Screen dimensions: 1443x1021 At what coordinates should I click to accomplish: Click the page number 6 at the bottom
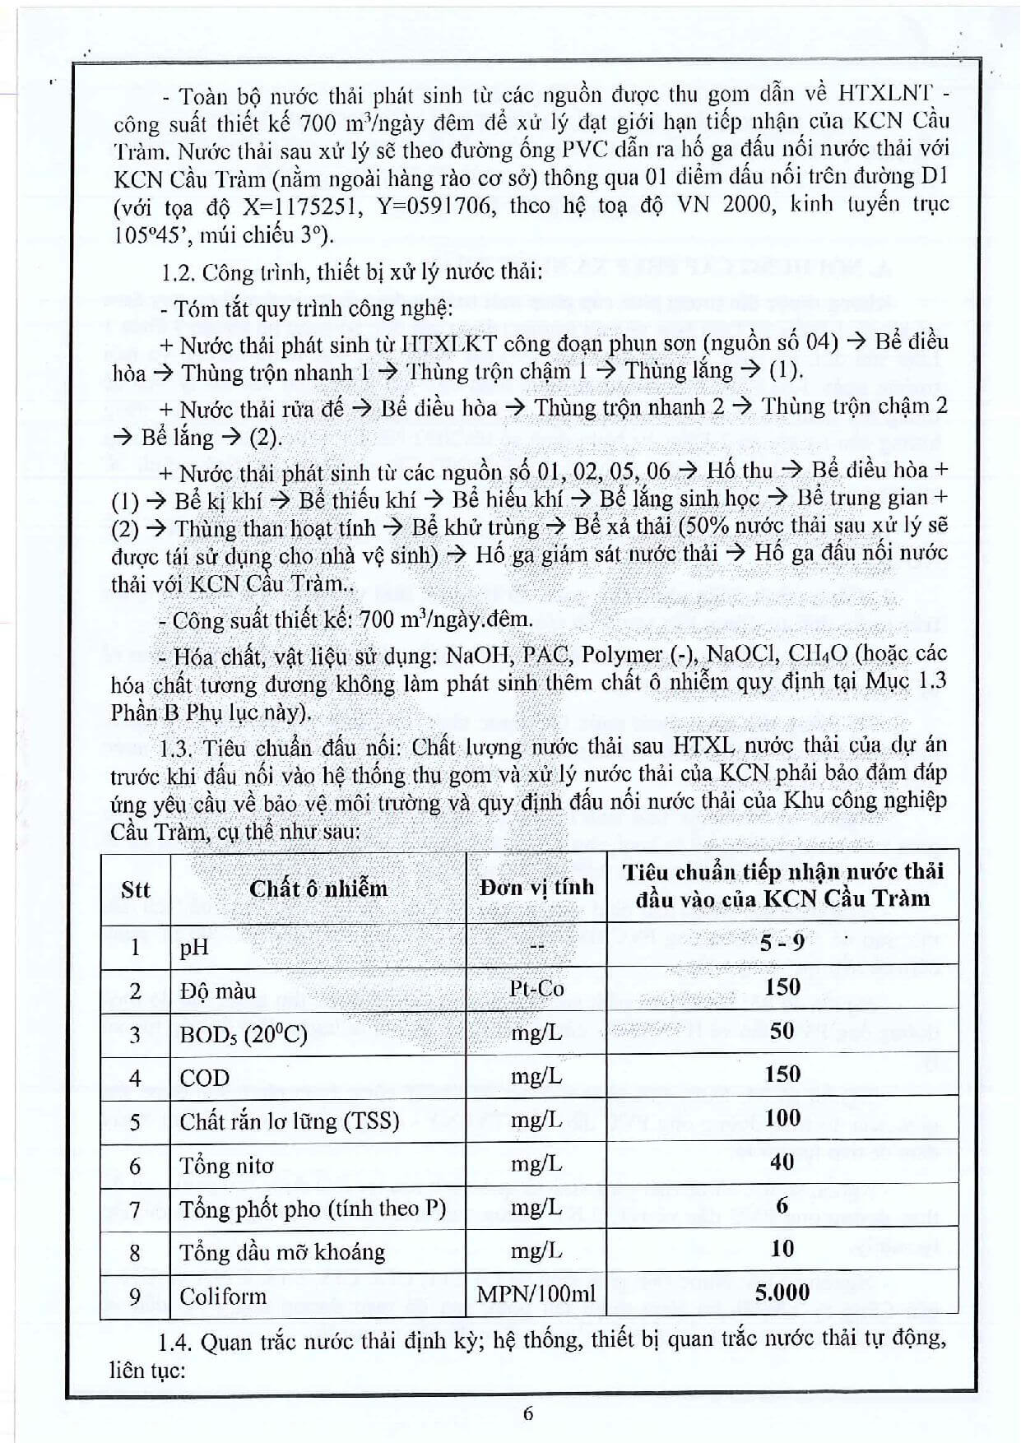coord(528,1413)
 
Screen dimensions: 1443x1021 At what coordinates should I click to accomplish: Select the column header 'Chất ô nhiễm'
coord(318,889)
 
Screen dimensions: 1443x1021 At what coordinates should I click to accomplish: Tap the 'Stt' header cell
coord(135,889)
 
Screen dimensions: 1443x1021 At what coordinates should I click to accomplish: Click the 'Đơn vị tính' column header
coord(536,888)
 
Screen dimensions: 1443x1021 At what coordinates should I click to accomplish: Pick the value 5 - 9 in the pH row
coord(782,943)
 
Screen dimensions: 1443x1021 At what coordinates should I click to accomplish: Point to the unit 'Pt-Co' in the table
coord(536,988)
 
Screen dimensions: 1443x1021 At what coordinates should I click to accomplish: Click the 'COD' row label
coord(205,1078)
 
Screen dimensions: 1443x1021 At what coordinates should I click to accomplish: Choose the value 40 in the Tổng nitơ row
coord(782,1162)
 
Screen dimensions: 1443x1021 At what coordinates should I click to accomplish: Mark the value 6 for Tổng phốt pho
coord(782,1205)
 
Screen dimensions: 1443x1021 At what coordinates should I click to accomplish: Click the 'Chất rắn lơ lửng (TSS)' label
coord(289,1121)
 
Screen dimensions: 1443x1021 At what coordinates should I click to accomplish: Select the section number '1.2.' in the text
coord(178,272)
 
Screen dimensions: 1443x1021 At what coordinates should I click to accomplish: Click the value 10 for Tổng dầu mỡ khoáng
coord(782,1249)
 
